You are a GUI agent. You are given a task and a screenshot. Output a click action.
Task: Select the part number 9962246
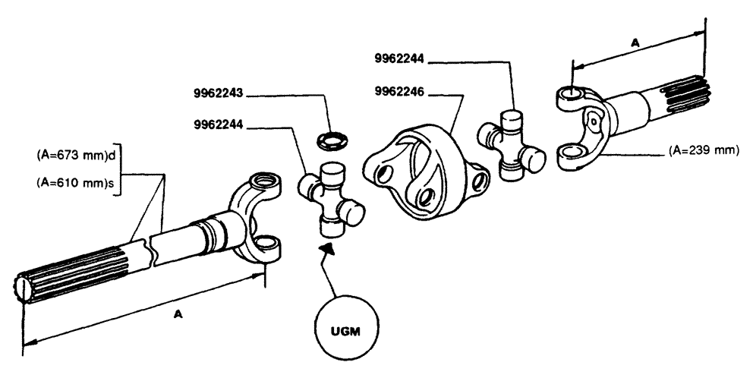(399, 92)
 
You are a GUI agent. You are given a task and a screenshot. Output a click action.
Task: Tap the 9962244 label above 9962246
(399, 58)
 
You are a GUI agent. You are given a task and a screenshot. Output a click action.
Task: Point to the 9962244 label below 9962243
(218, 125)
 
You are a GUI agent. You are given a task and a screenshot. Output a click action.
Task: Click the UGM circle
(346, 332)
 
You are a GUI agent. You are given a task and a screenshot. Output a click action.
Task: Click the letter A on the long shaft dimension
(178, 314)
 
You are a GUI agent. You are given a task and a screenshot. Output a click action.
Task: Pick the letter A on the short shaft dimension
(635, 43)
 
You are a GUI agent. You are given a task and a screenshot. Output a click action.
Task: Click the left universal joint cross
(331, 199)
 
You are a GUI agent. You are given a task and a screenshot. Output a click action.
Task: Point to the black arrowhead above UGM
(326, 249)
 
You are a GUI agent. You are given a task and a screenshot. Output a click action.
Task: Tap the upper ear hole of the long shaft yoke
(263, 181)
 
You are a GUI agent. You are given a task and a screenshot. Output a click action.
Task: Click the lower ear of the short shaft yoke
(571, 156)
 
